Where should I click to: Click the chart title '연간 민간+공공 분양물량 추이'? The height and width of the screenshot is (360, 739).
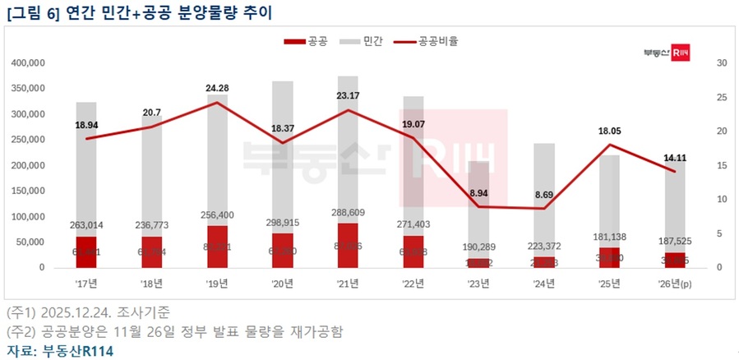click(161, 12)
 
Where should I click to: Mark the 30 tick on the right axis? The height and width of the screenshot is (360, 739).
click(722, 62)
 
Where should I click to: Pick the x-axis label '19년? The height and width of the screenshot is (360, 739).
click(218, 284)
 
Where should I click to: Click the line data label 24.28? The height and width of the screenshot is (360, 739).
click(218, 88)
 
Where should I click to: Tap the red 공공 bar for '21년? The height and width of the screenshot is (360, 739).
click(348, 245)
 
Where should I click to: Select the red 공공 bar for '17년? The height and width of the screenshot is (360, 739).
click(86, 252)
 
